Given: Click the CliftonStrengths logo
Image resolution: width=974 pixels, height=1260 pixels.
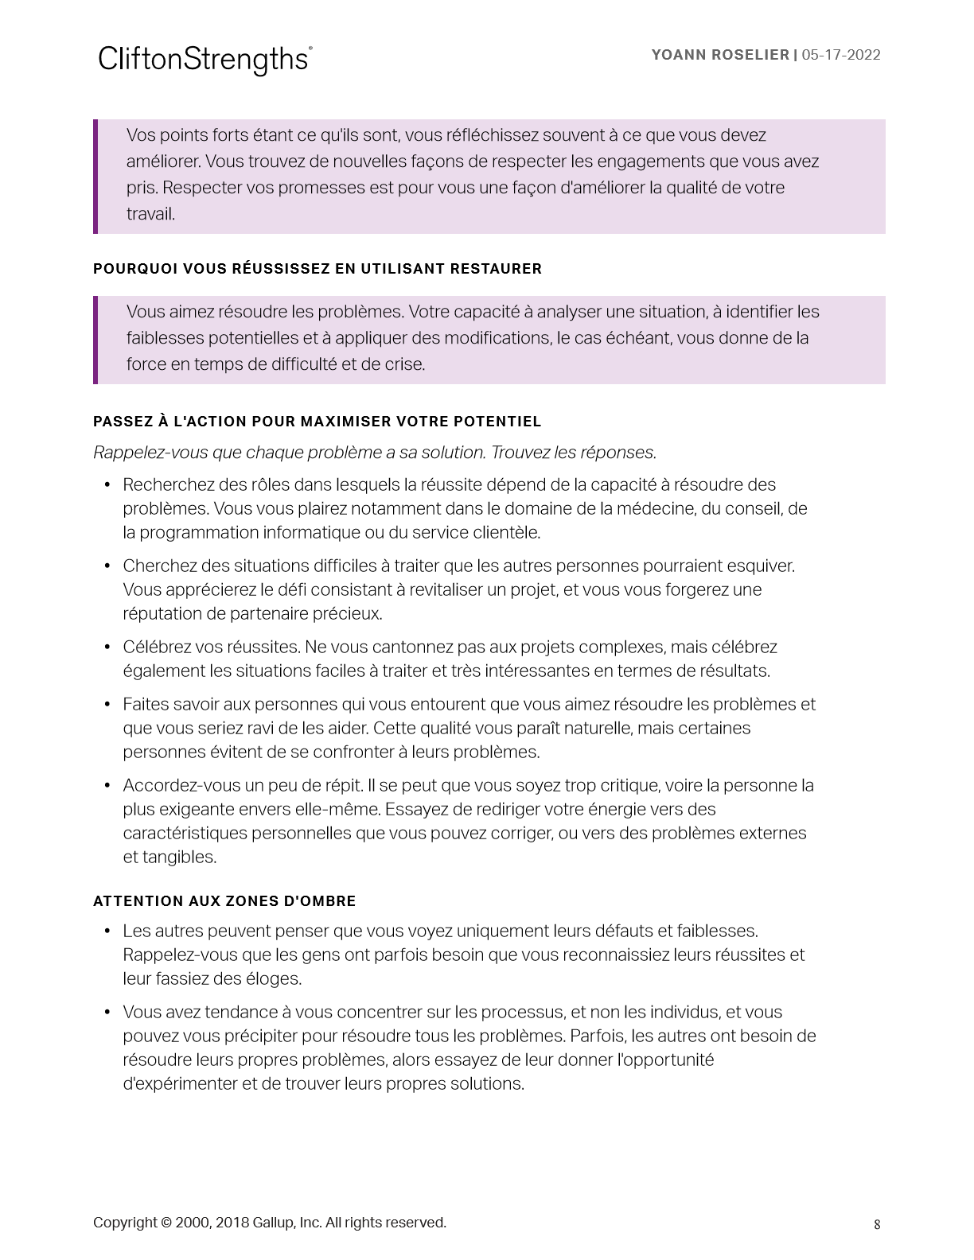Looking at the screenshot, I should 205,60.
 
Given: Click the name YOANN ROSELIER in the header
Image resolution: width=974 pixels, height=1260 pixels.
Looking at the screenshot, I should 719,55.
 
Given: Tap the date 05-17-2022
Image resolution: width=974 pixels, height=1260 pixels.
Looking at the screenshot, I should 841,55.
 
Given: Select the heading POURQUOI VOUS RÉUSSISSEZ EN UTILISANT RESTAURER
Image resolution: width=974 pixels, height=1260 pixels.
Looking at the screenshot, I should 317,269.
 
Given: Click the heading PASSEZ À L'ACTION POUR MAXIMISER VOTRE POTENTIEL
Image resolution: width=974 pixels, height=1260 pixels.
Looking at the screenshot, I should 317,422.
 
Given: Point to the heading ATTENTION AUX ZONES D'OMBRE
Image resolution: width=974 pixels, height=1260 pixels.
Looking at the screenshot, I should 224,901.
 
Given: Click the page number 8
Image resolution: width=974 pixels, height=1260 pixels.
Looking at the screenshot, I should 877,1225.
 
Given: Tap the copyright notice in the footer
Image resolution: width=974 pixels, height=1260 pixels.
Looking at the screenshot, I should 269,1223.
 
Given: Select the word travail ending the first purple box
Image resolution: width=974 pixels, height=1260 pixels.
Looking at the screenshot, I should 150,214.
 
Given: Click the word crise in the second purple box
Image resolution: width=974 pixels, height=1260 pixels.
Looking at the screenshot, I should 404,364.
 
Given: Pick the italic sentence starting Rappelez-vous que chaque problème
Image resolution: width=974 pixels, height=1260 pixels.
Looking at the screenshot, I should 374,453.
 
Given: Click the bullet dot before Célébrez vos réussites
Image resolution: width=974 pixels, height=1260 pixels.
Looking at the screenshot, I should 107,647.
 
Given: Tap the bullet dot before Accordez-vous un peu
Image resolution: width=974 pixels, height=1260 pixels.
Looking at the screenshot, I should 107,785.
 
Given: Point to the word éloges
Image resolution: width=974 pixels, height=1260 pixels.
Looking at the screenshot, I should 276,979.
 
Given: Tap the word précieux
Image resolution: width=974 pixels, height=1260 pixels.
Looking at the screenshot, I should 349,614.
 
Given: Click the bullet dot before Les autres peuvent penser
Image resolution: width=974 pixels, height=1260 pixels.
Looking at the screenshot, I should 107,931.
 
